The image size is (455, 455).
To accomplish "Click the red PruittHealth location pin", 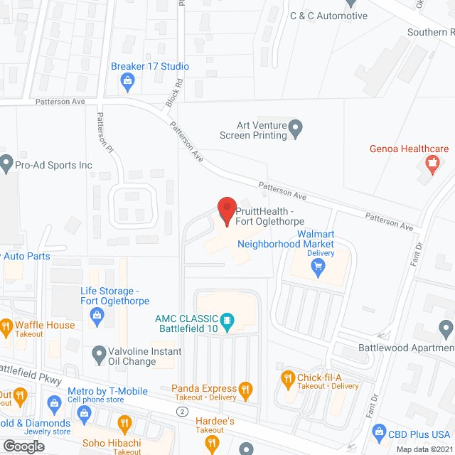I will [x=226, y=210].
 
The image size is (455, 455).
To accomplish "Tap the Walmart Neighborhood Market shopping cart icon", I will [x=318, y=267].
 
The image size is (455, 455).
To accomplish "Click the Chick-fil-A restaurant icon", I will [x=288, y=378].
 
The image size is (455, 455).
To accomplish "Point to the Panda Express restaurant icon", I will [x=245, y=389].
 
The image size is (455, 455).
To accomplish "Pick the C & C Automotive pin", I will [x=278, y=16].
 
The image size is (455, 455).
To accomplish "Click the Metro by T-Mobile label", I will [x=107, y=391].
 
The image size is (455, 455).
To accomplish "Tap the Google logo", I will [x=23, y=446].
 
